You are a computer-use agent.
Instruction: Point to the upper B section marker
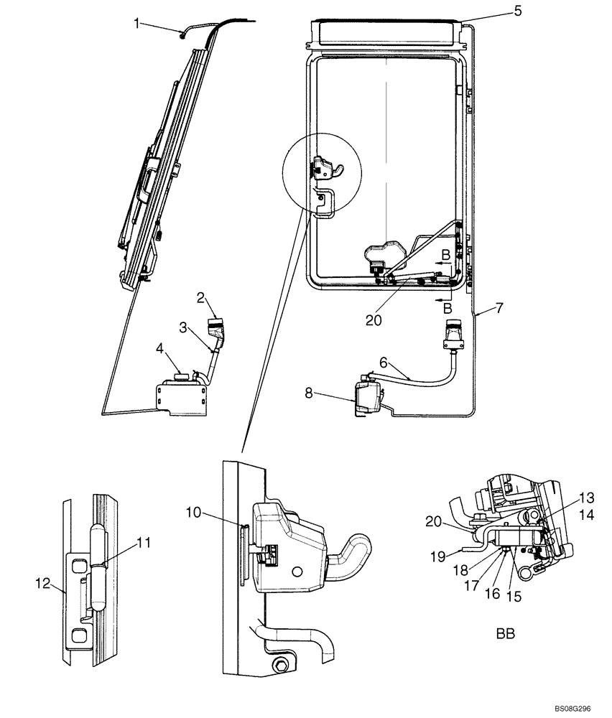coord(447,255)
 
